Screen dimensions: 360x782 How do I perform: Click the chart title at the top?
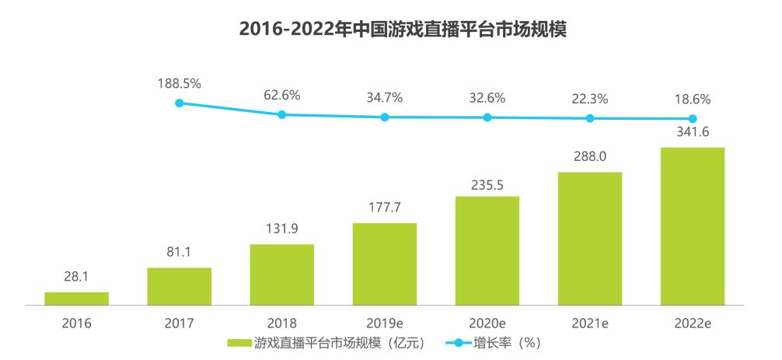tap(391, 30)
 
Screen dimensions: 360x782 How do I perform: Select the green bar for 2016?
tap(76, 299)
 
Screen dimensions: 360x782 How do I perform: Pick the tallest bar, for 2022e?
tap(693, 226)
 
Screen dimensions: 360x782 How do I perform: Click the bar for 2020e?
tap(487, 250)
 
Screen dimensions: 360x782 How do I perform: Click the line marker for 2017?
tap(180, 103)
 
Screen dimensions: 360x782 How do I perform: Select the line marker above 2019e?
tap(385, 117)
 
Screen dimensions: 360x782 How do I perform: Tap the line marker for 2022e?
tap(693, 119)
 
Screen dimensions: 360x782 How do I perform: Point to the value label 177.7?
tap(385, 208)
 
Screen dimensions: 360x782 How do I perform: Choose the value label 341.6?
tap(693, 132)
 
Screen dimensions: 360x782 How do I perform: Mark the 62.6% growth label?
tap(281, 96)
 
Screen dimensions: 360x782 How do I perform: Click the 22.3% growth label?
tap(590, 99)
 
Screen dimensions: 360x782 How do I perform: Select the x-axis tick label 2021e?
tap(590, 323)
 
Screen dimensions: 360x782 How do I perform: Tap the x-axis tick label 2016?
tap(76, 323)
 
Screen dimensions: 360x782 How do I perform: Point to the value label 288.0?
tap(590, 156)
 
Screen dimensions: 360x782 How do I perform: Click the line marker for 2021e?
tap(590, 118)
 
